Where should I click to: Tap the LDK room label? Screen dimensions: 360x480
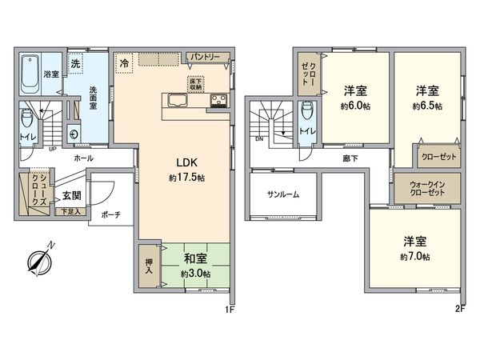[177, 158]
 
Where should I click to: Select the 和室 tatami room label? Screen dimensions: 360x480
[194, 261]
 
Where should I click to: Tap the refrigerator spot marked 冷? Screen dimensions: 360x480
[124, 61]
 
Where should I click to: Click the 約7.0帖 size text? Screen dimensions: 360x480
[414, 257]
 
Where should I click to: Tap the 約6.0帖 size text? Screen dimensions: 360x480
[355, 106]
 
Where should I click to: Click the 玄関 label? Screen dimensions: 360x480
[70, 194]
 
